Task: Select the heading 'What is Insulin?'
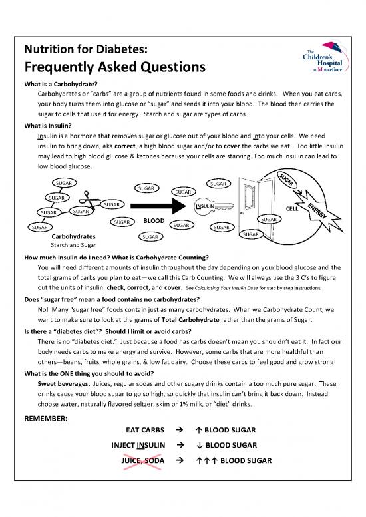[50, 124]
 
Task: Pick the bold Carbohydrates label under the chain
[73, 236]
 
